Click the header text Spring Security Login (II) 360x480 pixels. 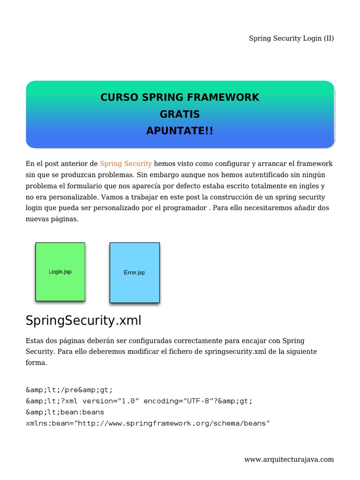click(291, 38)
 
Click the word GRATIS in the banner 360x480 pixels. click(180, 114)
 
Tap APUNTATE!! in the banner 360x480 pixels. click(180, 131)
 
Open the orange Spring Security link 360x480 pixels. click(126, 164)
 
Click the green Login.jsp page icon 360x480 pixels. click(60, 271)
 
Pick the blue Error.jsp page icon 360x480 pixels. click(135, 272)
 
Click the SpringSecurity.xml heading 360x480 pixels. click(83, 321)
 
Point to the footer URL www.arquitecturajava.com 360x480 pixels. click(289, 459)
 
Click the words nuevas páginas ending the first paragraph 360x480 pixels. click(52, 218)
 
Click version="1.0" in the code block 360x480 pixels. click(113, 401)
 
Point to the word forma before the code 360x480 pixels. click(36, 362)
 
